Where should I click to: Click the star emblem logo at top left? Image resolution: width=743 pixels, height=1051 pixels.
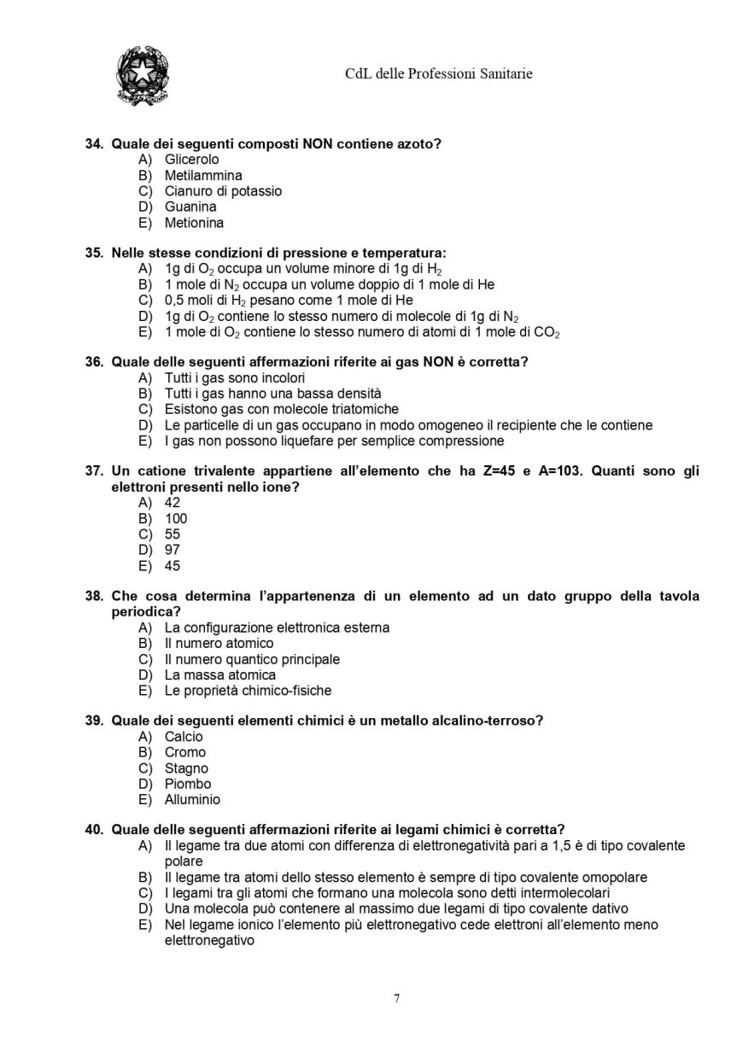coord(142,77)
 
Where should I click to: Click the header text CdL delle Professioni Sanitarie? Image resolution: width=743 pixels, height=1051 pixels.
coord(438,74)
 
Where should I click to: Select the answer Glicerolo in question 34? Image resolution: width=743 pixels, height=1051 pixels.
coord(191,160)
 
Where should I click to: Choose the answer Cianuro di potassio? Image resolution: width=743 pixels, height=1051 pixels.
coord(222,191)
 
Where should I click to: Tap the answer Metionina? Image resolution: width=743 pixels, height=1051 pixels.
coord(194,223)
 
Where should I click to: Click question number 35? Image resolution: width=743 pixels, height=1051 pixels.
coord(94,253)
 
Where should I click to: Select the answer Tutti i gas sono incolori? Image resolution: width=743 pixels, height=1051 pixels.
coord(234,377)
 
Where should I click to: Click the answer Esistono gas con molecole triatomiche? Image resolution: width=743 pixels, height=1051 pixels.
coord(281,409)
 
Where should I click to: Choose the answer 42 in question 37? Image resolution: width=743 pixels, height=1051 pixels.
coord(173,503)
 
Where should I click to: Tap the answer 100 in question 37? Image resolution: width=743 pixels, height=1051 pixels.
coord(176,518)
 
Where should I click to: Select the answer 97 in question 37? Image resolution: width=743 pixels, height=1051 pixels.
coord(173,550)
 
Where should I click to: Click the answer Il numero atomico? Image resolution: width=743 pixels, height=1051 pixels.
coord(219,643)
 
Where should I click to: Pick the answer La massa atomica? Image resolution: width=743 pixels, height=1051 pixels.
coord(219,674)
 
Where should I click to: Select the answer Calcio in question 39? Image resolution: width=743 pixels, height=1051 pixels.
coord(184,736)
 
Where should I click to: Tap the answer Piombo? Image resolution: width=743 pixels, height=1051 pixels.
coord(187,784)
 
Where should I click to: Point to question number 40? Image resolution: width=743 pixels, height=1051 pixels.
coord(94,829)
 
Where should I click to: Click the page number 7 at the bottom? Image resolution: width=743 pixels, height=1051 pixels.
coord(396,999)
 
